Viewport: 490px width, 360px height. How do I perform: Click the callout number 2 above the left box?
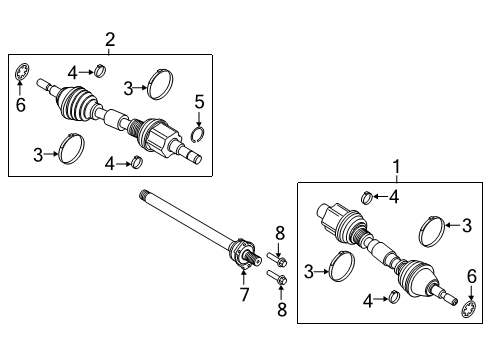coord(110,40)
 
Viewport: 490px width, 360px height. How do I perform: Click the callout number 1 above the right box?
coord(395,168)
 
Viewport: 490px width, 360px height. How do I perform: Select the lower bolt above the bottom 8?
coord(278,279)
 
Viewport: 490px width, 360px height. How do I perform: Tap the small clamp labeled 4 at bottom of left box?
coord(138,163)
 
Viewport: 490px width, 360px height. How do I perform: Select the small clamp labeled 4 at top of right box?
coord(367,196)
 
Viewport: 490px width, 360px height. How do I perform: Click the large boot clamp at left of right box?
coord(341,271)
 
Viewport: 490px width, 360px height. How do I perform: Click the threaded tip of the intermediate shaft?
coord(146,196)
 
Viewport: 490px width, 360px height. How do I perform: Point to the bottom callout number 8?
coord(281,309)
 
